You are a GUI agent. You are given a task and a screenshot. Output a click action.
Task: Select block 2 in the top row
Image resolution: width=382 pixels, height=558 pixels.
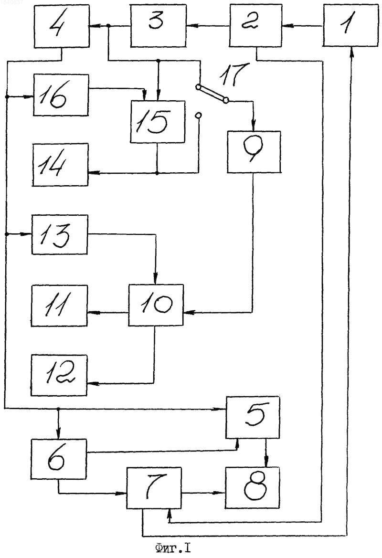(x=255, y=25)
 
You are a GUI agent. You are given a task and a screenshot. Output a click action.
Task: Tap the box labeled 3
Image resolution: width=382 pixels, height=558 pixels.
(x=158, y=26)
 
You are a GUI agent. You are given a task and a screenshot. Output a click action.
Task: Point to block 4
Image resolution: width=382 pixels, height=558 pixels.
(x=62, y=26)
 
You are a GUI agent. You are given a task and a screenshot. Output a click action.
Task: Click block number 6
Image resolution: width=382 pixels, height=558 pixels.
(x=59, y=459)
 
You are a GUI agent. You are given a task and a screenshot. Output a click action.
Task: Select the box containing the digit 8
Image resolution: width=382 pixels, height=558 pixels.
(x=253, y=487)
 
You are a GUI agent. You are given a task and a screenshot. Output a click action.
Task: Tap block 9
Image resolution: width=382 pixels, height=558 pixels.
(x=254, y=152)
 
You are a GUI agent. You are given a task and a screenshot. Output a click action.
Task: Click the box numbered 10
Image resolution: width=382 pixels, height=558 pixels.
(x=156, y=305)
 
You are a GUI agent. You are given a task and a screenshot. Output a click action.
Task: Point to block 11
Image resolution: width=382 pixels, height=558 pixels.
(x=59, y=305)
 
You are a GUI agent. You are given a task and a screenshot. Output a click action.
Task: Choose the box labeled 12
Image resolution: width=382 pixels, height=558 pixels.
(x=59, y=376)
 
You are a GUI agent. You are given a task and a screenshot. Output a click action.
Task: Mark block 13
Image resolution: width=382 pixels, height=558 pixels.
(x=60, y=234)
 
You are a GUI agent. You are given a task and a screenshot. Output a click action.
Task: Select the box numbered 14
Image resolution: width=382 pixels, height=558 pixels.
(x=60, y=165)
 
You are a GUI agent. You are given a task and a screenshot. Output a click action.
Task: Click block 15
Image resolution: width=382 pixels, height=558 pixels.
(x=158, y=122)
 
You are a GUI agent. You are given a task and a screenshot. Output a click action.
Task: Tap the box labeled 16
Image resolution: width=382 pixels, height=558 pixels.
(x=61, y=95)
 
